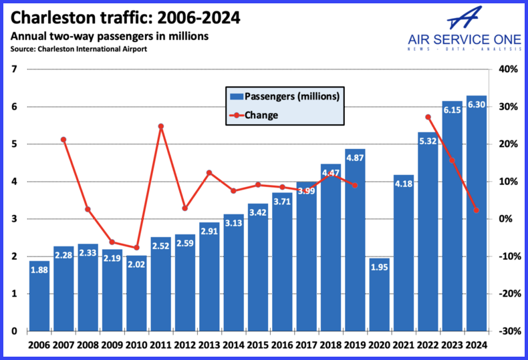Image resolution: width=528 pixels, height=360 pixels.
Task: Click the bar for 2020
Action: (380, 295)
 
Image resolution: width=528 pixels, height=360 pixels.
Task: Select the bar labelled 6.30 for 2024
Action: (477, 214)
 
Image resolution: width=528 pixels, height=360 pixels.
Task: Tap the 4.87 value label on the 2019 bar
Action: (355, 158)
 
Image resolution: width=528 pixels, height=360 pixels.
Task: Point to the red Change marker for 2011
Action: (160, 126)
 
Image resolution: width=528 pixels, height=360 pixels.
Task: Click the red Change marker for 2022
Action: (428, 118)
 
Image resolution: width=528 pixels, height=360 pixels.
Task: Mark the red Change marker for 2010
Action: (136, 248)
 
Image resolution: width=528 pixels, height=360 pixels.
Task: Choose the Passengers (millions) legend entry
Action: (285, 96)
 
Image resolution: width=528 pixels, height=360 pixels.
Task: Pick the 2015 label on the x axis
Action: (257, 345)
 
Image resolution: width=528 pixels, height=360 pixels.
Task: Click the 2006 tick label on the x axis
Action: (39, 345)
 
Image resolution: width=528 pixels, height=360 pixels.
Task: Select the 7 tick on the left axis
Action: (15, 69)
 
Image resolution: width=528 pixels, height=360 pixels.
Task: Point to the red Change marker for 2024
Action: (476, 210)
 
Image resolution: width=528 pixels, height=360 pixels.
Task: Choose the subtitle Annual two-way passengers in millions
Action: (109, 36)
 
